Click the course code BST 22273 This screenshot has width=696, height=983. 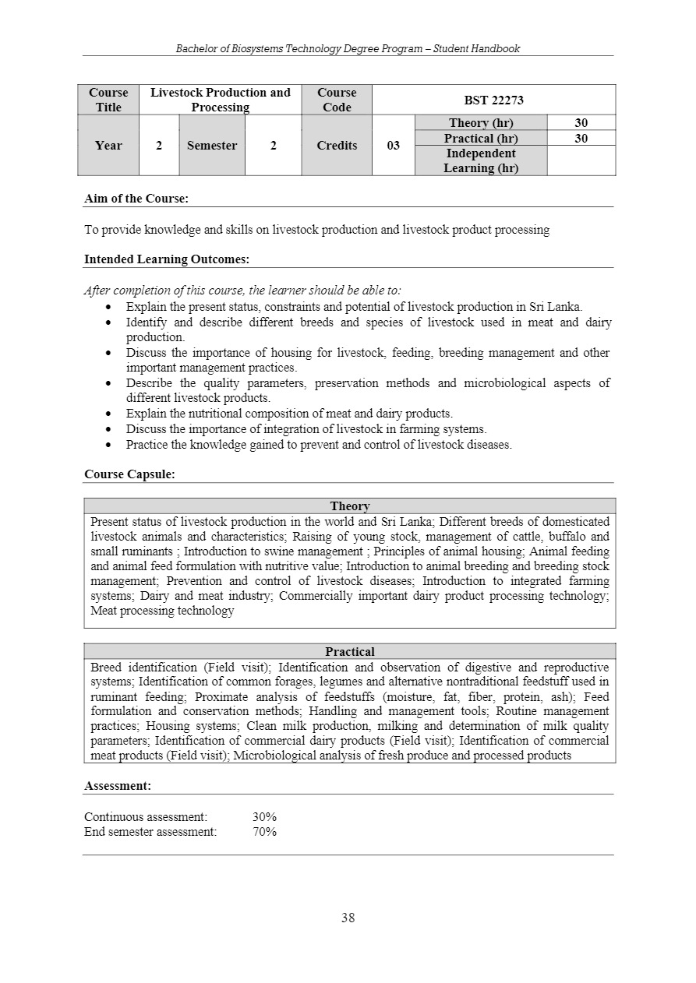(494, 100)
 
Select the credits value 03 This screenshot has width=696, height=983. (394, 146)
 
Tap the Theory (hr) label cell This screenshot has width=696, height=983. (481, 123)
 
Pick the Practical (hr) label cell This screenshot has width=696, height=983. (481, 139)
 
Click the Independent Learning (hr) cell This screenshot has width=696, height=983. (481, 160)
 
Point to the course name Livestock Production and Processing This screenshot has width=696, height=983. (220, 100)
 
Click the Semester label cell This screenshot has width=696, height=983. (212, 146)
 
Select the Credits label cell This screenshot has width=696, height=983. (337, 146)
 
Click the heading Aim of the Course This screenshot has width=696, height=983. (136, 199)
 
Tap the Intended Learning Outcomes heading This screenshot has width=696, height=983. (167, 259)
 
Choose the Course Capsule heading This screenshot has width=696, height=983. (129, 474)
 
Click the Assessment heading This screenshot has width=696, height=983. (118, 786)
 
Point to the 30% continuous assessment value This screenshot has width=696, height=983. (264, 817)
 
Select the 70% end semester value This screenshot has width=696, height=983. (264, 832)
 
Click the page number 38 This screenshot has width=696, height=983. (348, 918)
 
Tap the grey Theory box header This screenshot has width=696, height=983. (350, 506)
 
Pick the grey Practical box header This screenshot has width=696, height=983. (350, 652)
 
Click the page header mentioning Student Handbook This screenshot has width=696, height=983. (348, 48)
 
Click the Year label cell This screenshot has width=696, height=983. (108, 146)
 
